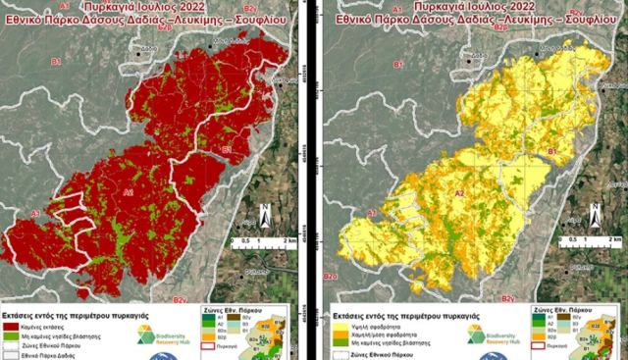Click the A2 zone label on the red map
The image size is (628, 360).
point(128,193)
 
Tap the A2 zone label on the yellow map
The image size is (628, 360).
point(457,194)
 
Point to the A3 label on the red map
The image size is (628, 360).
point(32,213)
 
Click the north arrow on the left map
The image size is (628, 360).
point(265,214)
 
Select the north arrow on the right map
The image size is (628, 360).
point(595,214)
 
